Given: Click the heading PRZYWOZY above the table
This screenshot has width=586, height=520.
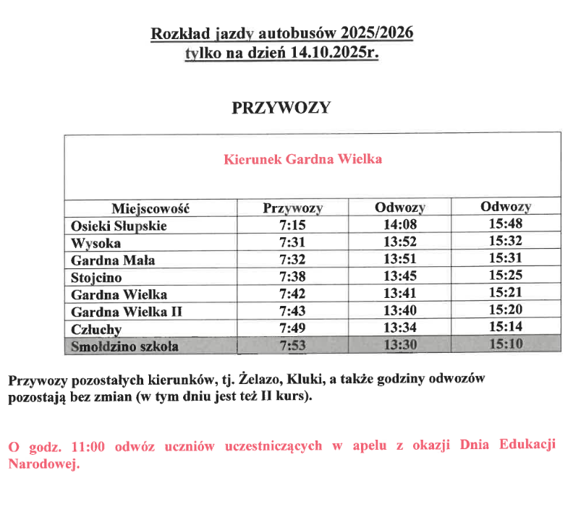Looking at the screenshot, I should click(281, 108).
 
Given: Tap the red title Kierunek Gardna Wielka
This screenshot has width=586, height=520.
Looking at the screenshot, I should click(302, 158).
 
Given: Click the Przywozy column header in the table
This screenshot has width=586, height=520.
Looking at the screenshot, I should click(292, 208).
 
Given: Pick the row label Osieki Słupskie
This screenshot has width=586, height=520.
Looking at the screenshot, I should click(119, 226).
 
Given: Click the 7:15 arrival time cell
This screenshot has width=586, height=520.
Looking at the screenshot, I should click(292, 226).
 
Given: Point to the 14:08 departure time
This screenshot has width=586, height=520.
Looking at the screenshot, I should click(400, 225).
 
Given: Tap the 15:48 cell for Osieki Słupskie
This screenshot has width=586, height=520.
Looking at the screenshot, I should click(506, 224).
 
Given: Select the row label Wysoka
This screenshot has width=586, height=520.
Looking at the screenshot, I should click(95, 243).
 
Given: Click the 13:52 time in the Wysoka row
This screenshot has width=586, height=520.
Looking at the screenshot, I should click(400, 242).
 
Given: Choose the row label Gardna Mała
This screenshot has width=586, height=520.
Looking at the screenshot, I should click(113, 260).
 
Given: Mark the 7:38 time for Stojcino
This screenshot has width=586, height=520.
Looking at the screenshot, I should click(292, 277).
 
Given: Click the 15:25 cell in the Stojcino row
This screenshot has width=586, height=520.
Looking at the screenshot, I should click(506, 276).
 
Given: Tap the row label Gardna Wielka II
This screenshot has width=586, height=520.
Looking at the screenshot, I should click(126, 312).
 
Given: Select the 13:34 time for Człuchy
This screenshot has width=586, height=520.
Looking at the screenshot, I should click(400, 328).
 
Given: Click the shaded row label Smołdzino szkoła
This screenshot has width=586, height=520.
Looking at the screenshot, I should click(124, 346).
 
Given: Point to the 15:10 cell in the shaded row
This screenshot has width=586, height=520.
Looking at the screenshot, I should click(506, 345).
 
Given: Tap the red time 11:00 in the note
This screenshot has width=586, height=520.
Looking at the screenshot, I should click(88, 446).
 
